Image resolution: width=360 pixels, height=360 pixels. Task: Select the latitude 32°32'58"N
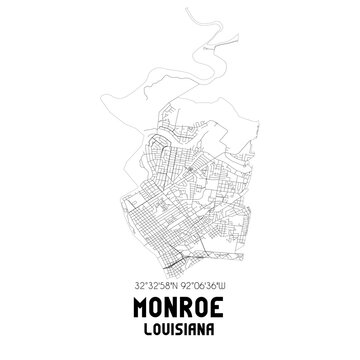[153, 285]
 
